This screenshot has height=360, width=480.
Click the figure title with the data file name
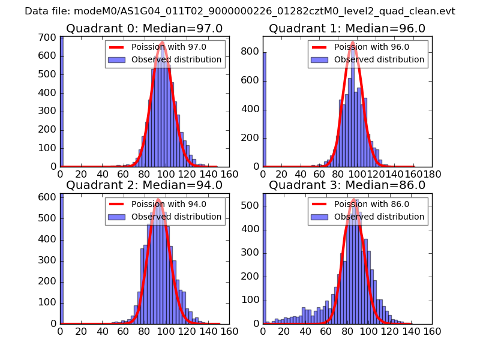click(x=240, y=11)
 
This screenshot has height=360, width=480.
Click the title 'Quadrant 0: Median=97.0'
click(x=144, y=29)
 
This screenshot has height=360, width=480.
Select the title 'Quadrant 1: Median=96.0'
click(x=347, y=29)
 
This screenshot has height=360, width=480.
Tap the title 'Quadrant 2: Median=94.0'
click(x=144, y=185)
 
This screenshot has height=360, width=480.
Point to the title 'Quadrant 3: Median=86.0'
click(x=347, y=185)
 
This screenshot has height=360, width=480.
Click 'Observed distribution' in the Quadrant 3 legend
click(x=379, y=217)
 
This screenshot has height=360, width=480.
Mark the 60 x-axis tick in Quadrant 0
click(x=124, y=175)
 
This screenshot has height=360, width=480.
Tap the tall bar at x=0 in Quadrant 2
click(x=61, y=258)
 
